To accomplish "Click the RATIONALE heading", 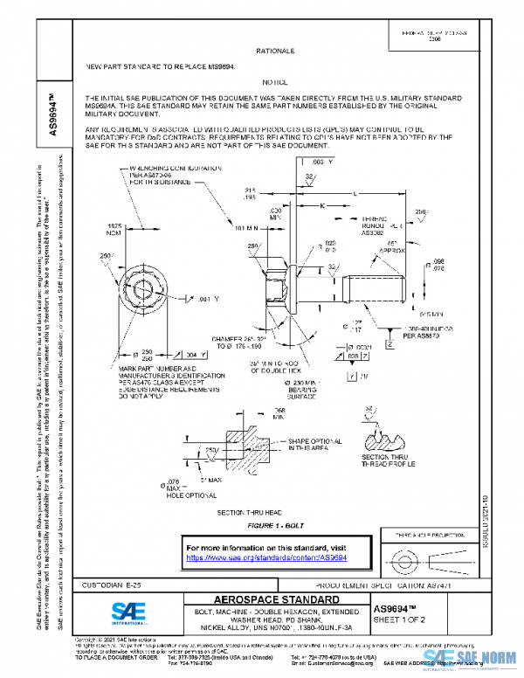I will pos(274,52).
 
